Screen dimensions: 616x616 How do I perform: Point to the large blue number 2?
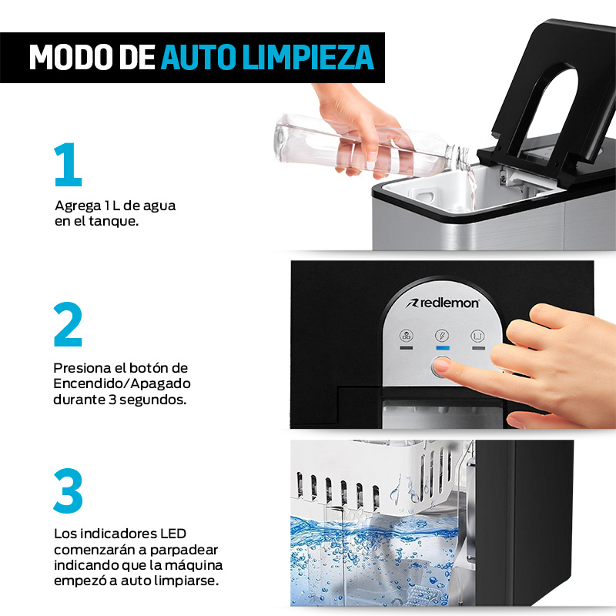[x=68, y=325]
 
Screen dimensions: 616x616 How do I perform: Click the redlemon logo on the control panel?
[x=444, y=303]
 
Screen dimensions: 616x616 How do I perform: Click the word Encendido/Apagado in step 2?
[x=122, y=383]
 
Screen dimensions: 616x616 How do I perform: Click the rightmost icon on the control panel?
[x=478, y=335]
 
